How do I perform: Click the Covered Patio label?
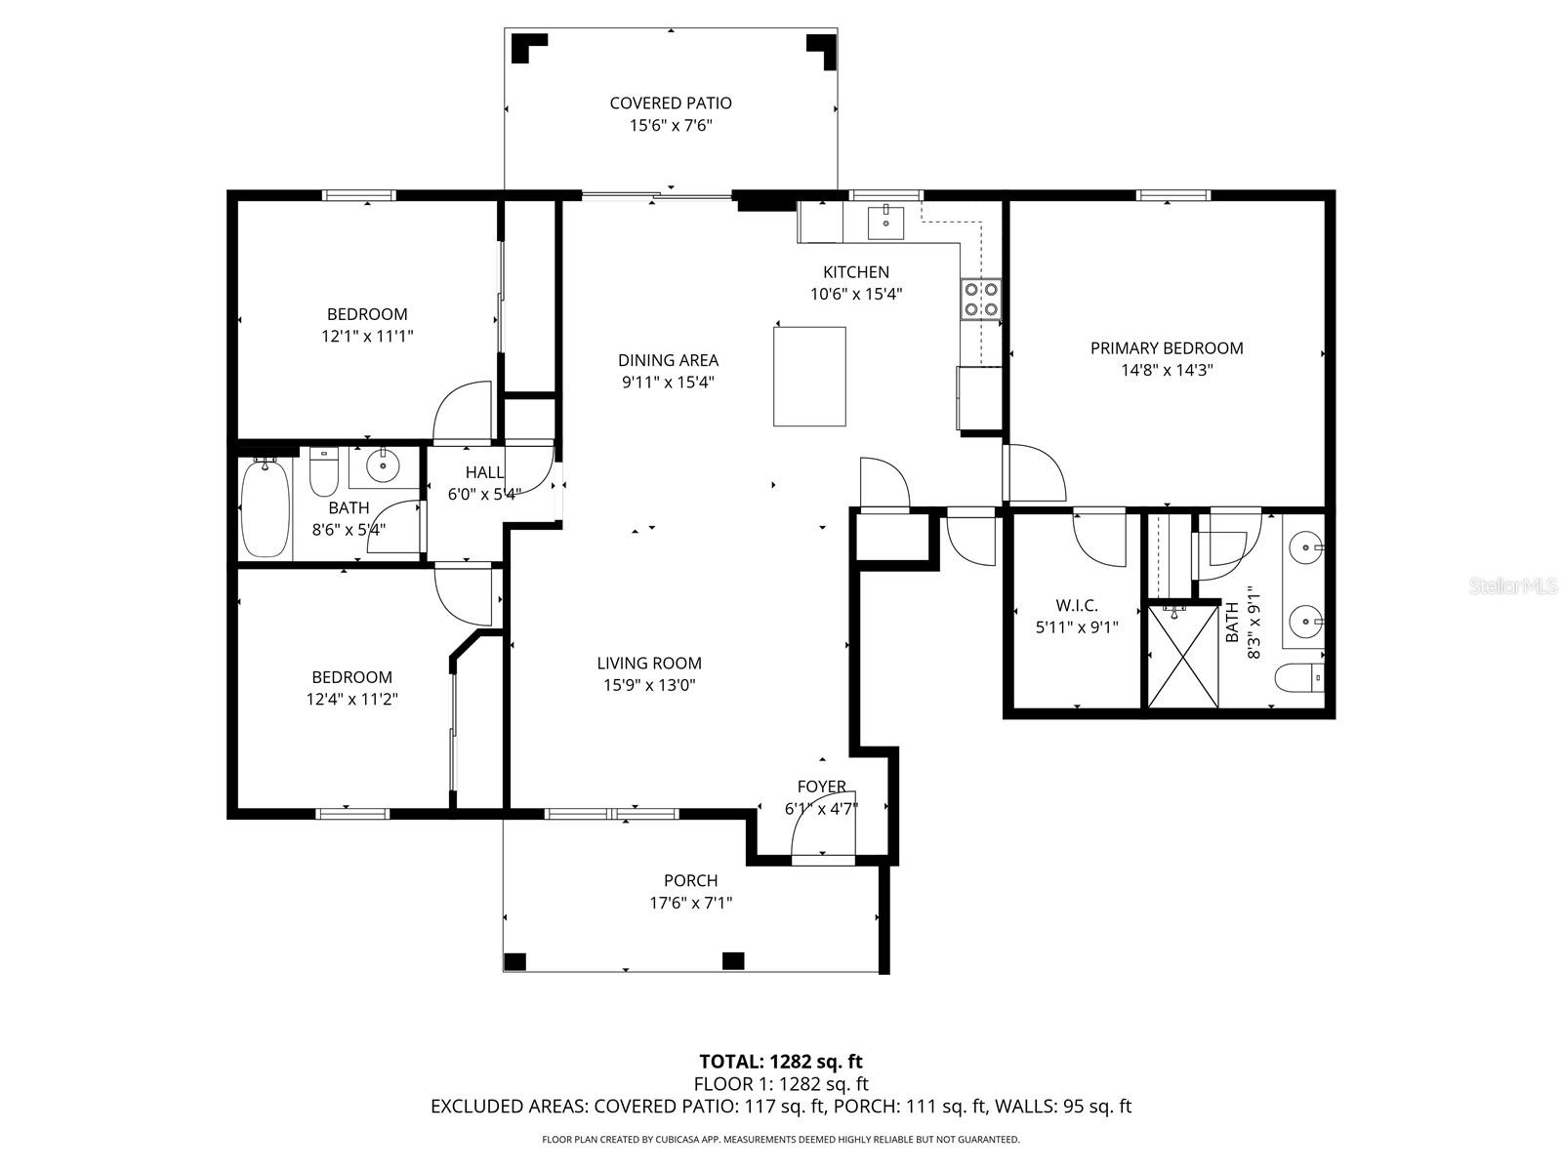click(x=671, y=103)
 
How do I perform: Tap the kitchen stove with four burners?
click(x=980, y=300)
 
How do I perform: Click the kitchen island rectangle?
click(x=809, y=376)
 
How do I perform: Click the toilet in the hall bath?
click(x=324, y=471)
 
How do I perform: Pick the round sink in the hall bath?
click(x=383, y=465)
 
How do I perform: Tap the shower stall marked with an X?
click(x=1182, y=656)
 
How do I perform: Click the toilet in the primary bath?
click(x=1298, y=678)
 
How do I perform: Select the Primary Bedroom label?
click(x=1167, y=348)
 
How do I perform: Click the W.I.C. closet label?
click(x=1077, y=606)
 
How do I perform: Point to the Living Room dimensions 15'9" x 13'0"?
click(x=649, y=685)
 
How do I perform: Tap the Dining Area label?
click(x=668, y=360)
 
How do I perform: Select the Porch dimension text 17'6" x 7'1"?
click(x=691, y=903)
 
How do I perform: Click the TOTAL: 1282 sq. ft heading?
click(x=781, y=1063)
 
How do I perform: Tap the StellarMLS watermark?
click(x=1512, y=586)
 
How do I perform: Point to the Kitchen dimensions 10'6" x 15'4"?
click(x=856, y=295)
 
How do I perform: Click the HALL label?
click(x=484, y=472)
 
